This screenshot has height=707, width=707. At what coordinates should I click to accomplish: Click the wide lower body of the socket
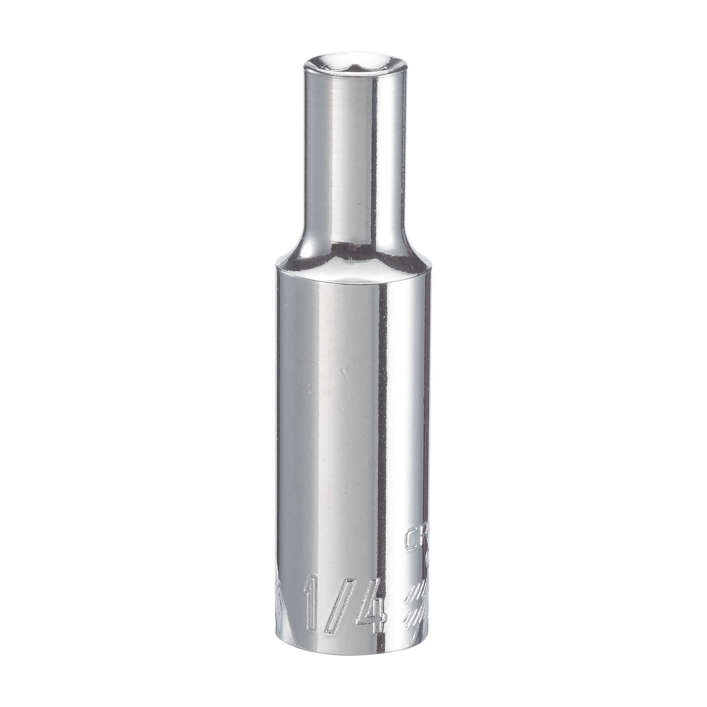pos(330,448)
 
